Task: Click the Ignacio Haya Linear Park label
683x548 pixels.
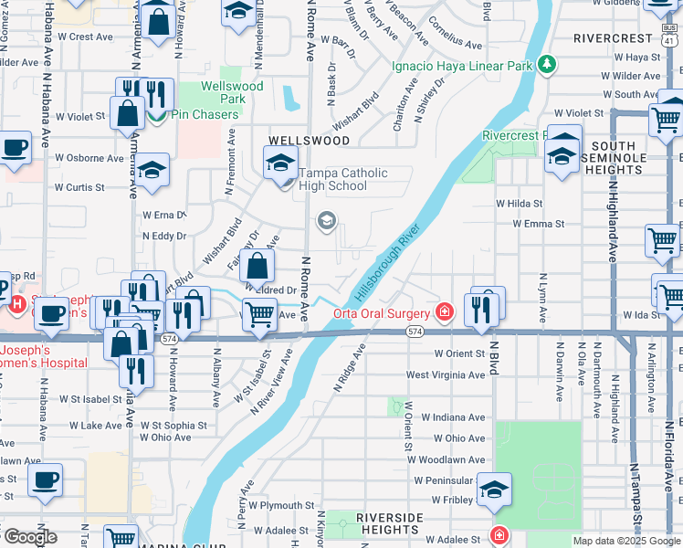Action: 461,67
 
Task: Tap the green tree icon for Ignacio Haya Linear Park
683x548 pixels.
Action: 546,64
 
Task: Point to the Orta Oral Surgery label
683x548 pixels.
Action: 382,312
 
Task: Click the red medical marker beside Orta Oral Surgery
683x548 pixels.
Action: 445,312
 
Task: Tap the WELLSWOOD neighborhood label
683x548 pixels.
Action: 309,141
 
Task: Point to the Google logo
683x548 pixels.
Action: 30,537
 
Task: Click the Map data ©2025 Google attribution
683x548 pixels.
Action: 626,541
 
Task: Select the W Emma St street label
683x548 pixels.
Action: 539,223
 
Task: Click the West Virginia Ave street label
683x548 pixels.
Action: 447,374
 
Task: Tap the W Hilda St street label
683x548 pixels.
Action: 519,204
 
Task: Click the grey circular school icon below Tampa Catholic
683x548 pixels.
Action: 326,221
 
